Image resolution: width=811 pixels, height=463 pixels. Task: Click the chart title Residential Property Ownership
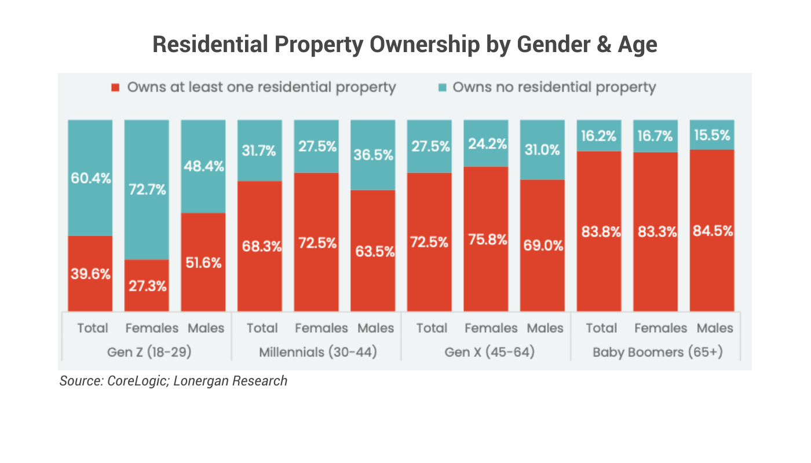pos(405,45)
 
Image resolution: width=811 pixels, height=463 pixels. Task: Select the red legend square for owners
pos(116,88)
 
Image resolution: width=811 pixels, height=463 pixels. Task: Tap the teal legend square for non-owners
pos(442,88)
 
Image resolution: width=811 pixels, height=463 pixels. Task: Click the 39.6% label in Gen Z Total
pos(90,274)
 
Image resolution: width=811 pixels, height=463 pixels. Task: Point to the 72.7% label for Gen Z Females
pos(147,189)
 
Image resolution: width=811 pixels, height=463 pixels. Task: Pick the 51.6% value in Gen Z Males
pos(203,262)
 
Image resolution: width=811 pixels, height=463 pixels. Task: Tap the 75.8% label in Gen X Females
pos(486,239)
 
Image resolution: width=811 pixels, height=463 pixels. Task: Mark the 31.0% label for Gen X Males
pos(542,150)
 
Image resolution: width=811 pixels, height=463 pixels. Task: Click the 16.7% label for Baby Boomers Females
pos(655,136)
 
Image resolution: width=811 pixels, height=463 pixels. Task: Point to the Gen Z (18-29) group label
pos(147,352)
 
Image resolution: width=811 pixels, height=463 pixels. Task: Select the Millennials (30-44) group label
pos(317,352)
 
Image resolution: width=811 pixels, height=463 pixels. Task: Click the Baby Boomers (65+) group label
pos(657,352)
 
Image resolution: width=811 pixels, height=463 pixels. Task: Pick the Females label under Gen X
pos(491,328)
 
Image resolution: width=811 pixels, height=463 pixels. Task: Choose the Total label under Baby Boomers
pos(601,328)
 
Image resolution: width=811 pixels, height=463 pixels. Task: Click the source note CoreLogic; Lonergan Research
pos(173,381)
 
